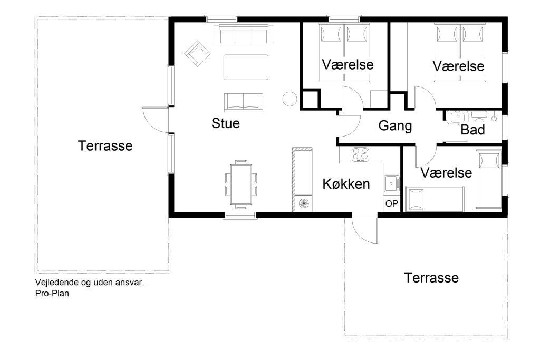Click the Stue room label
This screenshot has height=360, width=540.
coord(226,123)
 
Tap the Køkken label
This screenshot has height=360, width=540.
coord(346,184)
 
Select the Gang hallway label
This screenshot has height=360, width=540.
coord(395,126)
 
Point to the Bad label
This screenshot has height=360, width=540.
coord(472,130)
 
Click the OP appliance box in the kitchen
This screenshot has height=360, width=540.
coord(392,204)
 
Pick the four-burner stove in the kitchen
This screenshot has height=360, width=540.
coord(360,154)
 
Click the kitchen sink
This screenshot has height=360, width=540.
coord(392,183)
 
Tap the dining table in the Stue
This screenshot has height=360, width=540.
coord(241,184)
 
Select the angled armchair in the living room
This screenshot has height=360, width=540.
coord(197,53)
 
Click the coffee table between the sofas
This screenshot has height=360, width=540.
coord(246,67)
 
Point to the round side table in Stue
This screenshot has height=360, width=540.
coord(290,99)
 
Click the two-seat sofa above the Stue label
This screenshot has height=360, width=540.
coord(244,103)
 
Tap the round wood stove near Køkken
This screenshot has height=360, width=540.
coord(303,203)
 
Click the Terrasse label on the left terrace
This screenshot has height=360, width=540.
coord(105,145)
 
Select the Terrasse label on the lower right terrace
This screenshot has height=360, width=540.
coord(431,278)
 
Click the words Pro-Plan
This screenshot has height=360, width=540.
coord(52,293)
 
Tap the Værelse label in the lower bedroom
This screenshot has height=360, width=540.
coord(446,173)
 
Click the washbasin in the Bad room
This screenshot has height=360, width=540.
coord(457,117)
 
